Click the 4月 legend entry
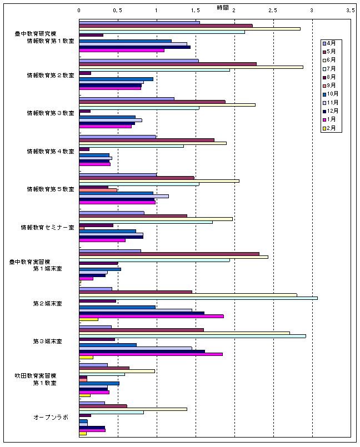coord(331,43)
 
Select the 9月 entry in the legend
coord(331,85)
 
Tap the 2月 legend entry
coord(331,128)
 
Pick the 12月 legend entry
coord(331,111)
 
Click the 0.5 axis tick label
coord(117,11)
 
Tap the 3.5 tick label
coord(350,11)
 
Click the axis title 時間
coord(222,7)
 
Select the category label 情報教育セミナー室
coord(47,227)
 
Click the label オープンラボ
coord(51,417)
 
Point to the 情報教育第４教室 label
coord(51,151)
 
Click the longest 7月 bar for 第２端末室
coord(198,298)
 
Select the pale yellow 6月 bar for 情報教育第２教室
coord(191,67)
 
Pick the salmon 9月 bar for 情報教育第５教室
coord(98,190)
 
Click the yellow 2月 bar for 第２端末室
coord(88,319)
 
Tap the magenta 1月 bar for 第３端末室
coord(151,354)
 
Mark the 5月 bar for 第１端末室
coord(169,254)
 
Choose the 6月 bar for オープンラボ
coord(133,409)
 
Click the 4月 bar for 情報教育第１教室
coord(139,23)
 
